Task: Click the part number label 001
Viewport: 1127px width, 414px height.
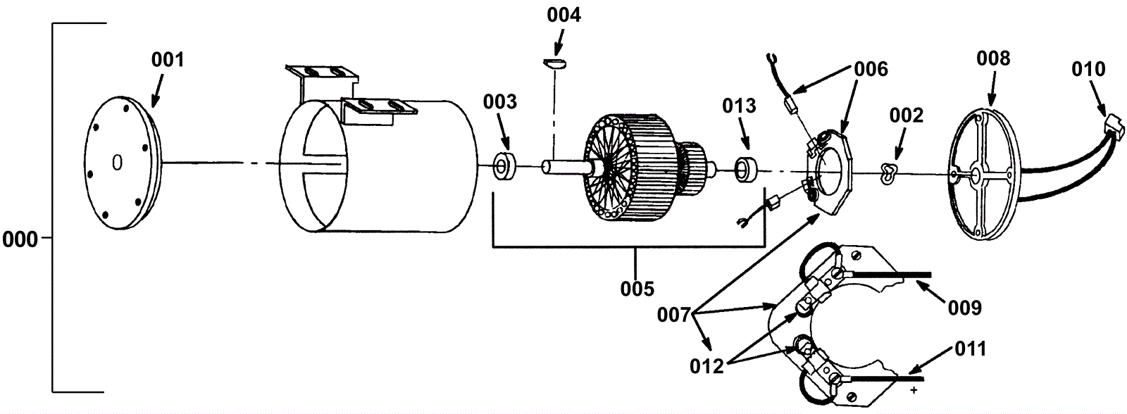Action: tap(168, 60)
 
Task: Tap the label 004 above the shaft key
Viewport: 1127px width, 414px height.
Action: tap(564, 15)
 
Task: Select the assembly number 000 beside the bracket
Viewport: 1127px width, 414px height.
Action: tap(20, 239)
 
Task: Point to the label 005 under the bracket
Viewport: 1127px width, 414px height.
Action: tap(637, 289)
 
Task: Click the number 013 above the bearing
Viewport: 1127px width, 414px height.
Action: tap(739, 106)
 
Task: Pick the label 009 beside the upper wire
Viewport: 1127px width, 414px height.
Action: tap(964, 308)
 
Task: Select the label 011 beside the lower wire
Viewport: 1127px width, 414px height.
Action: tap(971, 349)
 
